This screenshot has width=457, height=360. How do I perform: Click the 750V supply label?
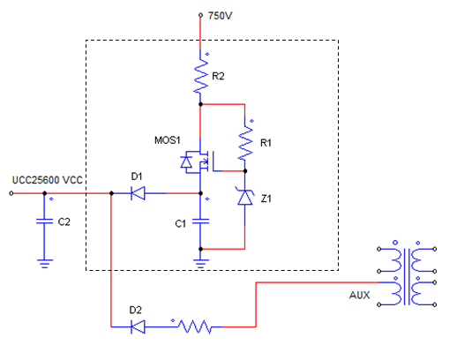point(220,16)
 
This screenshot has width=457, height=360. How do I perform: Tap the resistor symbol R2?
point(200,76)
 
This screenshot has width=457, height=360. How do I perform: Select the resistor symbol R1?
point(245,142)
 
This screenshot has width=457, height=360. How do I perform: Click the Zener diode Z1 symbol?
point(244,197)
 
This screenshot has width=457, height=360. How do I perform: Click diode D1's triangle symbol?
point(138,193)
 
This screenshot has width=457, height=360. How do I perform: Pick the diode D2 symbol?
point(138,326)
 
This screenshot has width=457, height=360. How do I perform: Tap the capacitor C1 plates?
point(200,221)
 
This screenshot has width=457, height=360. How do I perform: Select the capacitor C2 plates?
point(44,221)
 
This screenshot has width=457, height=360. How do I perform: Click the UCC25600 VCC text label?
point(47,180)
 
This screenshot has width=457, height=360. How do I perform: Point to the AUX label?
point(359,295)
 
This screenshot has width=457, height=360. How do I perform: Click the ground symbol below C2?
point(45,264)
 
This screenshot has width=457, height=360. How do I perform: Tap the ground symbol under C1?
point(201,264)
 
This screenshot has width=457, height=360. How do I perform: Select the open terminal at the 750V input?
point(200,15)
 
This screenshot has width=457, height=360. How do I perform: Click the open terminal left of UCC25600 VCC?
point(11,193)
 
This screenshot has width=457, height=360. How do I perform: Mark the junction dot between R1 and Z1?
point(245,171)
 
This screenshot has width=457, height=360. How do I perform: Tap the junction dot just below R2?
point(200,104)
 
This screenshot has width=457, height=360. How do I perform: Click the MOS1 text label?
point(168,140)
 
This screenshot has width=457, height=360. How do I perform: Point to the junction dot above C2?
point(45,193)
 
